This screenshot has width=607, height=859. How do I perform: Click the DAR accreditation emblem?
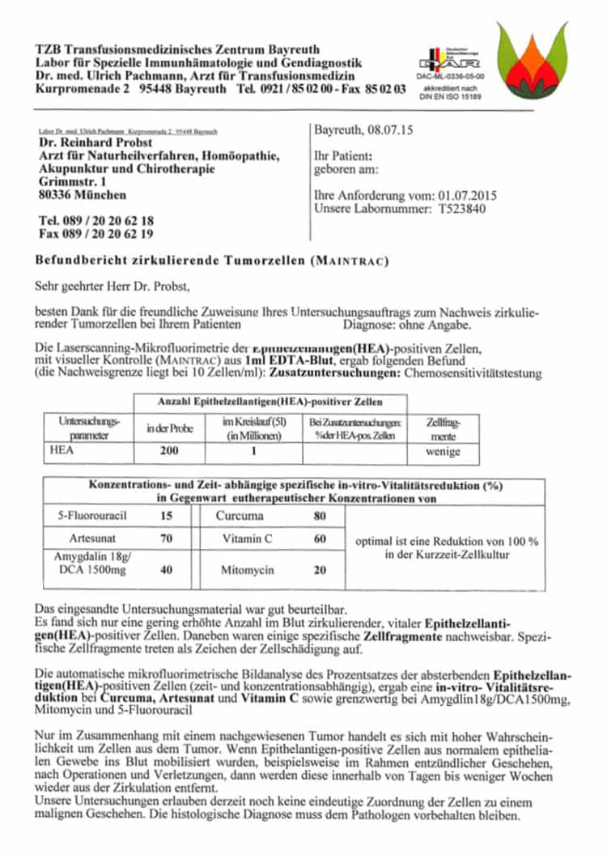tap(438, 60)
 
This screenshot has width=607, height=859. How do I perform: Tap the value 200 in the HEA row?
tap(169, 451)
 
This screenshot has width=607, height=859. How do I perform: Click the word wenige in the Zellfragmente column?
tap(443, 452)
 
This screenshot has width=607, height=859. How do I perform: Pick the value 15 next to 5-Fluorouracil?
tap(167, 515)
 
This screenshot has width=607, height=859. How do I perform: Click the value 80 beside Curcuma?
tap(320, 515)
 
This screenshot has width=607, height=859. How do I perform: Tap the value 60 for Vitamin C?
tap(320, 538)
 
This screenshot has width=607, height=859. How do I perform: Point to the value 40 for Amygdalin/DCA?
tap(167, 570)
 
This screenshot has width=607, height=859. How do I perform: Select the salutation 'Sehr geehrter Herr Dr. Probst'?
tap(112, 285)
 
